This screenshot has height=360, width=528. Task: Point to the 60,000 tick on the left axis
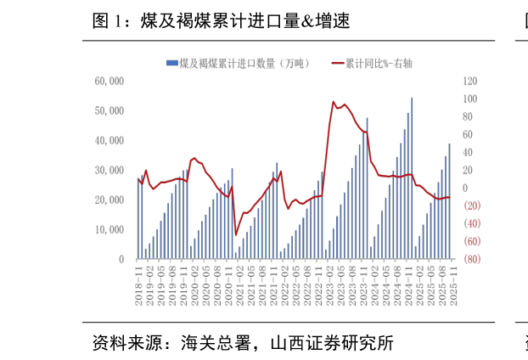coord(110,82)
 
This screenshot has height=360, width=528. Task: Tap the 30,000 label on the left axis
coord(110,171)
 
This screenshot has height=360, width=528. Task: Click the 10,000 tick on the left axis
coord(110,230)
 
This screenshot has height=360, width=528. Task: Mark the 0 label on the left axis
coord(121,260)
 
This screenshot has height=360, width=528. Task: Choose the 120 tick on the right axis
coord(471,82)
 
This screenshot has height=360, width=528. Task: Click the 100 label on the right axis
coord(471,99)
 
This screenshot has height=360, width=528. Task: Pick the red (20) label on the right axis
coord(471,206)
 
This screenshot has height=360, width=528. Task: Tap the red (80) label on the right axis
coord(471,260)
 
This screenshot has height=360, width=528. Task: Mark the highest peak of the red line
coord(334,102)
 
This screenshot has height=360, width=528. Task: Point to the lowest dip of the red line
coord(236,235)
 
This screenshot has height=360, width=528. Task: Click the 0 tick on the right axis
coord(467,188)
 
